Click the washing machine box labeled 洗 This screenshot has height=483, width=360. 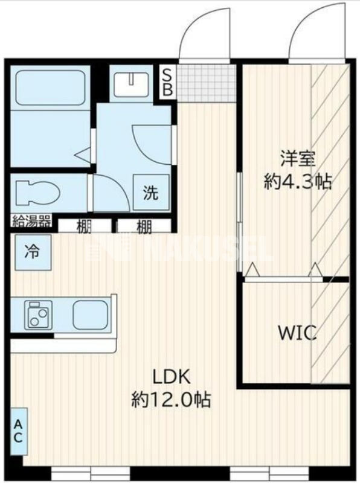(x=150, y=193)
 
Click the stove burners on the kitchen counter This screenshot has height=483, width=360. (x=37, y=315)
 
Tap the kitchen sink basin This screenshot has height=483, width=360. (x=91, y=314)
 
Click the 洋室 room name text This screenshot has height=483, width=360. (x=297, y=159)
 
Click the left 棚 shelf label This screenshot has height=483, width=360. (x=84, y=228)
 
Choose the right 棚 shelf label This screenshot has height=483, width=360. (x=143, y=228)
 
